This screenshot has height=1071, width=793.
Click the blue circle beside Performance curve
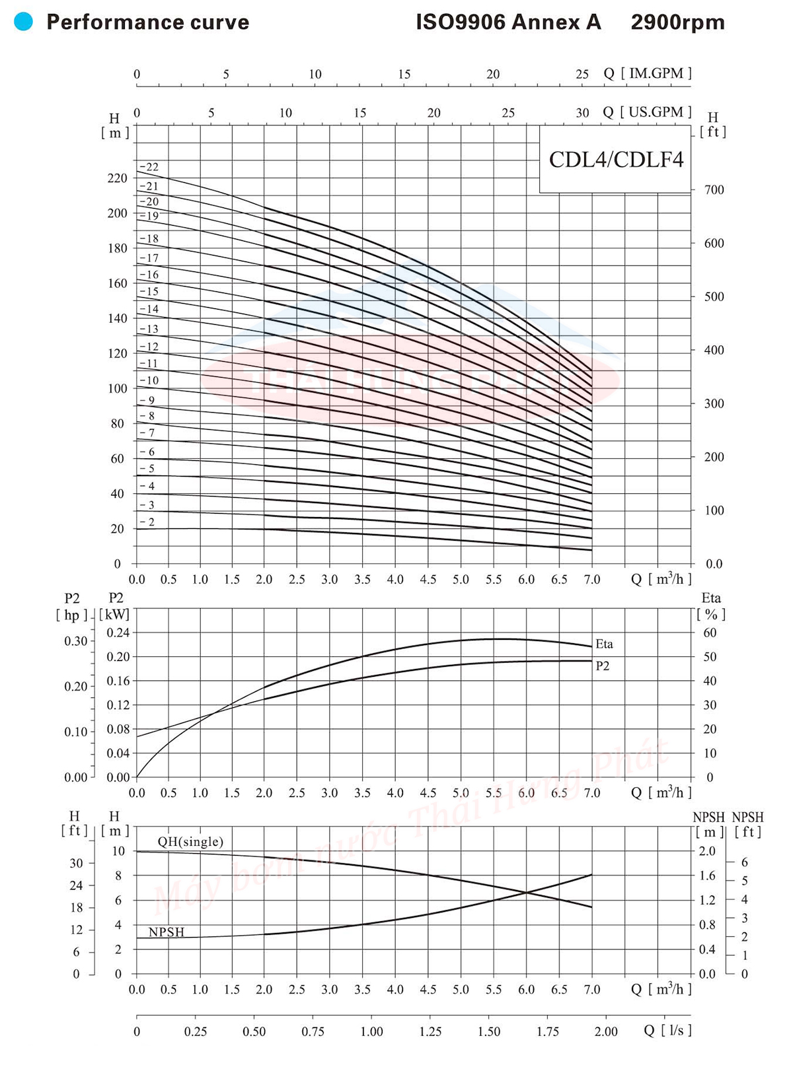pos(23,22)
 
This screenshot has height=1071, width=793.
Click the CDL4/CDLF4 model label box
pos(616,159)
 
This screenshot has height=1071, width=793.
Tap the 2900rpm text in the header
pos(677,22)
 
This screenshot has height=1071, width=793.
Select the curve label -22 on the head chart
pos(149,167)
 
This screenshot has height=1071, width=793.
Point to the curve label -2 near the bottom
pos(147,522)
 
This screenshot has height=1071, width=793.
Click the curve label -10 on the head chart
pos(149,380)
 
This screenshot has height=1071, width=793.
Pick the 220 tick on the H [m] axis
pos(118,178)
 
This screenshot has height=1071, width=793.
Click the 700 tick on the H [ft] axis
pos(714,190)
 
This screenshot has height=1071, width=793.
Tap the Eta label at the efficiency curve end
pos(604,644)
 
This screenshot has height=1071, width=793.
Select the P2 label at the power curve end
pos(603,666)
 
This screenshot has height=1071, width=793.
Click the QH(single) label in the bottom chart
pos(190,842)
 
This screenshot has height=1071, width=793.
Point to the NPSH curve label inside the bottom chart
pos(167,932)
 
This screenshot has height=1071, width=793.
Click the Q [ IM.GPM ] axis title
pos(648,73)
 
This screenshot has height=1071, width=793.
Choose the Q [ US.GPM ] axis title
pos(648,112)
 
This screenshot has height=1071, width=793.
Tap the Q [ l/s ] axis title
pos(667,1031)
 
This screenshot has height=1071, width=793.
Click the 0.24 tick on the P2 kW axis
pos(118,633)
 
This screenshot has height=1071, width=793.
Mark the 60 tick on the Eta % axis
pos(710,633)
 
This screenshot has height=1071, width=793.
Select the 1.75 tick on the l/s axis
pos(548,1032)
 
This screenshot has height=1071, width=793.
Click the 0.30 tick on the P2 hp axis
pos(76,641)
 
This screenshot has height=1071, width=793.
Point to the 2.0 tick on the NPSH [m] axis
pos(707,851)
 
